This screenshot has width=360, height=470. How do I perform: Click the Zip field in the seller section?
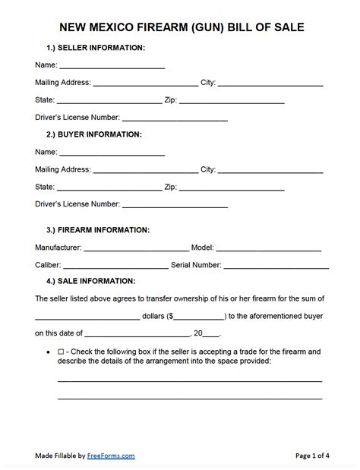coord(232,99)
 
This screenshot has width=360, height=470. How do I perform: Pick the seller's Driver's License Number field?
coord(175,118)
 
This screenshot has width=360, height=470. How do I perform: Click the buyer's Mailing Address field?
coord(145,169)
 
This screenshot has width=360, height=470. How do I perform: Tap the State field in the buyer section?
coord(109,187)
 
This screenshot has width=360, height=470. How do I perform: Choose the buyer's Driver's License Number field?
coord(175,204)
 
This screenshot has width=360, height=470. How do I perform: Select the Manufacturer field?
coord(136,248)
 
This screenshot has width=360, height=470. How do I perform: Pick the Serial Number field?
coord(276,265)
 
